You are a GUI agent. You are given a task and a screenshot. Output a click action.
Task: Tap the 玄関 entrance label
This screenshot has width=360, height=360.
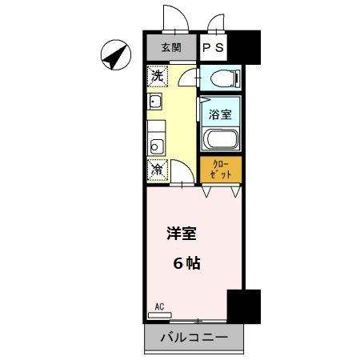pos(170,47)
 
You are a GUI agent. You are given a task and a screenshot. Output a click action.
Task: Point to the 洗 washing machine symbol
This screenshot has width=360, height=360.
pos(158,77)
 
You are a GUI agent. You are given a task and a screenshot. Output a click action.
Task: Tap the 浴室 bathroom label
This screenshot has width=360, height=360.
pos(220,114)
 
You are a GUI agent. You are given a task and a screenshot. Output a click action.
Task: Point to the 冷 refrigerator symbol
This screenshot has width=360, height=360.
pos(158,170)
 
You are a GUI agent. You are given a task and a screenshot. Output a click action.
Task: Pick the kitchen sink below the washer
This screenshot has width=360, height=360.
pos(155,104)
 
